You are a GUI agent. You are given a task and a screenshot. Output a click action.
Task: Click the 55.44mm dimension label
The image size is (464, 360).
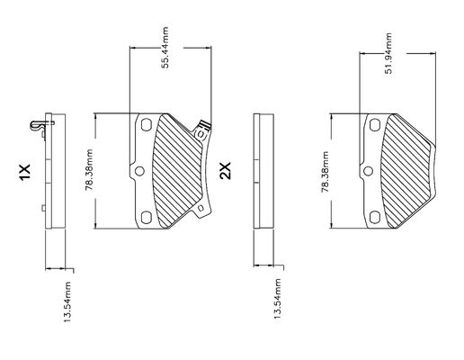click(165, 48)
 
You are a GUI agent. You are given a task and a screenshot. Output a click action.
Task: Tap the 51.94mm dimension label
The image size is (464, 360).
click(388, 53)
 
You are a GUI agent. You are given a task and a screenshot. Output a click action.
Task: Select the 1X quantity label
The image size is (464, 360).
click(25, 172)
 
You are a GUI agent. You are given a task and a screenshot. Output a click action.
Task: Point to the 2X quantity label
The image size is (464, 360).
click(226, 171)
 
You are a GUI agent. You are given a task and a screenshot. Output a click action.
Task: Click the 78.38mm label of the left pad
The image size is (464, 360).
click(89, 170)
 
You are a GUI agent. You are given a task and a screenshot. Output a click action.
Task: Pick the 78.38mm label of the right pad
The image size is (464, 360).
click(325, 172)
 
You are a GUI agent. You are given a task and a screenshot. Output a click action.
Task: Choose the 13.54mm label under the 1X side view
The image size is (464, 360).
click(67, 301)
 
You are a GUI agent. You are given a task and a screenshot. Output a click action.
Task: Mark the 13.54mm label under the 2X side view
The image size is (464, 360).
click(278, 299)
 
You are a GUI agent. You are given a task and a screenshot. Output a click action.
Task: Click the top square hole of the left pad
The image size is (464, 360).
click(147, 125)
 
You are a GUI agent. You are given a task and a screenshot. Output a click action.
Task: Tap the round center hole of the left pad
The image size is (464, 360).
click(139, 171)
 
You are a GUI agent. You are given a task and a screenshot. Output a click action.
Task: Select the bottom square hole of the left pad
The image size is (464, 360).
click(147, 217)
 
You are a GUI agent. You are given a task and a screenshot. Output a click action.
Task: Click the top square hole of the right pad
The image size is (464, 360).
click(375, 125)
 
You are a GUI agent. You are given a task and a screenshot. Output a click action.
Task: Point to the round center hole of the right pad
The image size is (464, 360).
click(368, 171)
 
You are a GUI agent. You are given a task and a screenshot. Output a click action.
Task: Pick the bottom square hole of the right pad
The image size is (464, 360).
click(375, 217)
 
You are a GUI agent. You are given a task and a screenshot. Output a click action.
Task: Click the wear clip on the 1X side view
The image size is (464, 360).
click(40, 125)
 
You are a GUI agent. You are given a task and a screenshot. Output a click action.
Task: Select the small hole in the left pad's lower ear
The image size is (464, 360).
click(201, 208)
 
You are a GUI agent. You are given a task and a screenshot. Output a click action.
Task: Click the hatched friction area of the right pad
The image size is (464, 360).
click(407, 171)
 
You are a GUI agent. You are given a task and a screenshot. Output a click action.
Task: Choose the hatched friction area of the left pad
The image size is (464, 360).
click(177, 171)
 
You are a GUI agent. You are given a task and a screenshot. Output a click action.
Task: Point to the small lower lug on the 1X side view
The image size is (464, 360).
click(43, 208)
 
